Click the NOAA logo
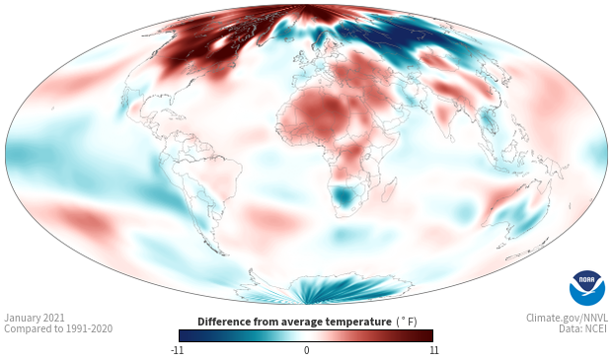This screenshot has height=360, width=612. (x=586, y=287)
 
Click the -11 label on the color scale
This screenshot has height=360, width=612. (x=177, y=350)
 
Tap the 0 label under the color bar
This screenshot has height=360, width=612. (x=306, y=350)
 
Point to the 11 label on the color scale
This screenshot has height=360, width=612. (x=433, y=350)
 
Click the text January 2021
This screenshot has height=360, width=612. (x=35, y=318)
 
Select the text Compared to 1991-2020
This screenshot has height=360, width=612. (x=58, y=328)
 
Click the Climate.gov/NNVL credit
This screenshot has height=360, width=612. (x=567, y=318)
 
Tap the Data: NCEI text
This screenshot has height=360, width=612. (x=583, y=328)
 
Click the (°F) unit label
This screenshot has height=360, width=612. (x=407, y=323)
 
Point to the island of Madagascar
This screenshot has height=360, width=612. (x=390, y=189)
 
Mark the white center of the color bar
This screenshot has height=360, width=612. (x=306, y=335)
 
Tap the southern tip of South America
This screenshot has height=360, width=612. (x=224, y=253)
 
